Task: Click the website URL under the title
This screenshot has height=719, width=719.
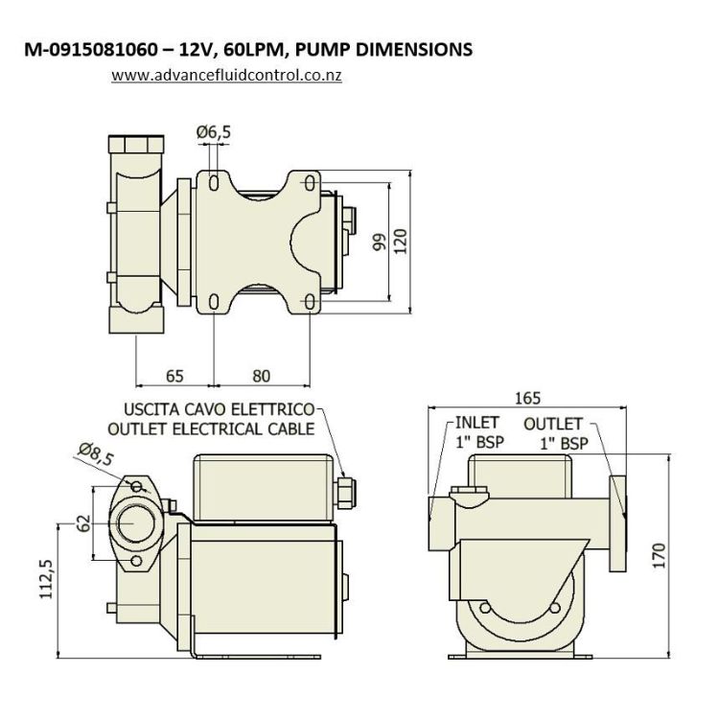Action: [x=226, y=74]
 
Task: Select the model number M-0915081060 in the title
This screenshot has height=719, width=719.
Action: [x=94, y=49]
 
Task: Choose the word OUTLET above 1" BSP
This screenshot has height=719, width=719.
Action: [x=554, y=423]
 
